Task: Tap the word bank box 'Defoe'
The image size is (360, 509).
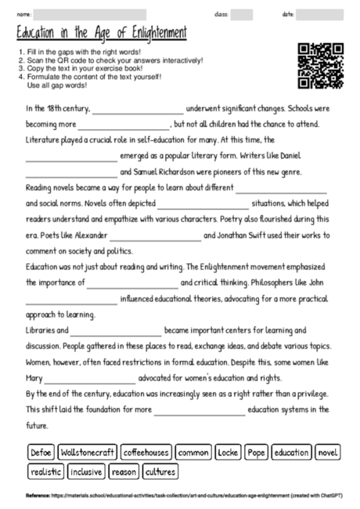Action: pyautogui.click(x=40, y=453)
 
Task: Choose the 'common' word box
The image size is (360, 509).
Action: pyautogui.click(x=193, y=453)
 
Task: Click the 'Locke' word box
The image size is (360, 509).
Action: pyautogui.click(x=228, y=453)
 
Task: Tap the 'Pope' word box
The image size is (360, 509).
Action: pyautogui.click(x=256, y=453)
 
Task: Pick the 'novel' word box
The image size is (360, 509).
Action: pyautogui.click(x=329, y=453)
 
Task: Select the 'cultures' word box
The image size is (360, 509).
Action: pyautogui.click(x=160, y=471)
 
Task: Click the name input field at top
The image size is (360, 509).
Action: pyautogui.click(x=90, y=14)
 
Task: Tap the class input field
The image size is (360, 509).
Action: pyautogui.click(x=242, y=14)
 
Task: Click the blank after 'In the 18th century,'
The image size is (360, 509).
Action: pyautogui.click(x=138, y=110)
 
